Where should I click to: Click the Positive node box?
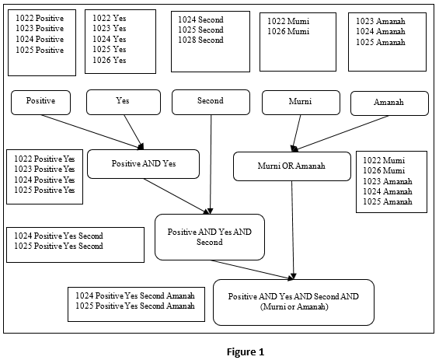click(x=40, y=102)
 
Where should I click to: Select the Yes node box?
click(x=122, y=102)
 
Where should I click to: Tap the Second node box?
click(x=211, y=102)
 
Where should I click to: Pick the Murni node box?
click(x=300, y=103)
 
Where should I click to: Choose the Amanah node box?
click(x=389, y=103)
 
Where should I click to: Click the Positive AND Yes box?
click(x=144, y=164)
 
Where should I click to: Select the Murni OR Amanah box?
click(x=291, y=166)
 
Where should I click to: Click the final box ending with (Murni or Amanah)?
click(x=293, y=302)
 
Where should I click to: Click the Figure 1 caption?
click(x=246, y=351)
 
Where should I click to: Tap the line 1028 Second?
click(x=200, y=40)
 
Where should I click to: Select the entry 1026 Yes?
click(x=110, y=60)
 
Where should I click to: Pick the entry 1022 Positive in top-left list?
click(x=40, y=18)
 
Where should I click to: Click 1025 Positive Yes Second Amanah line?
click(x=134, y=306)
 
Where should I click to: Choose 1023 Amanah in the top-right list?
click(x=381, y=22)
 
